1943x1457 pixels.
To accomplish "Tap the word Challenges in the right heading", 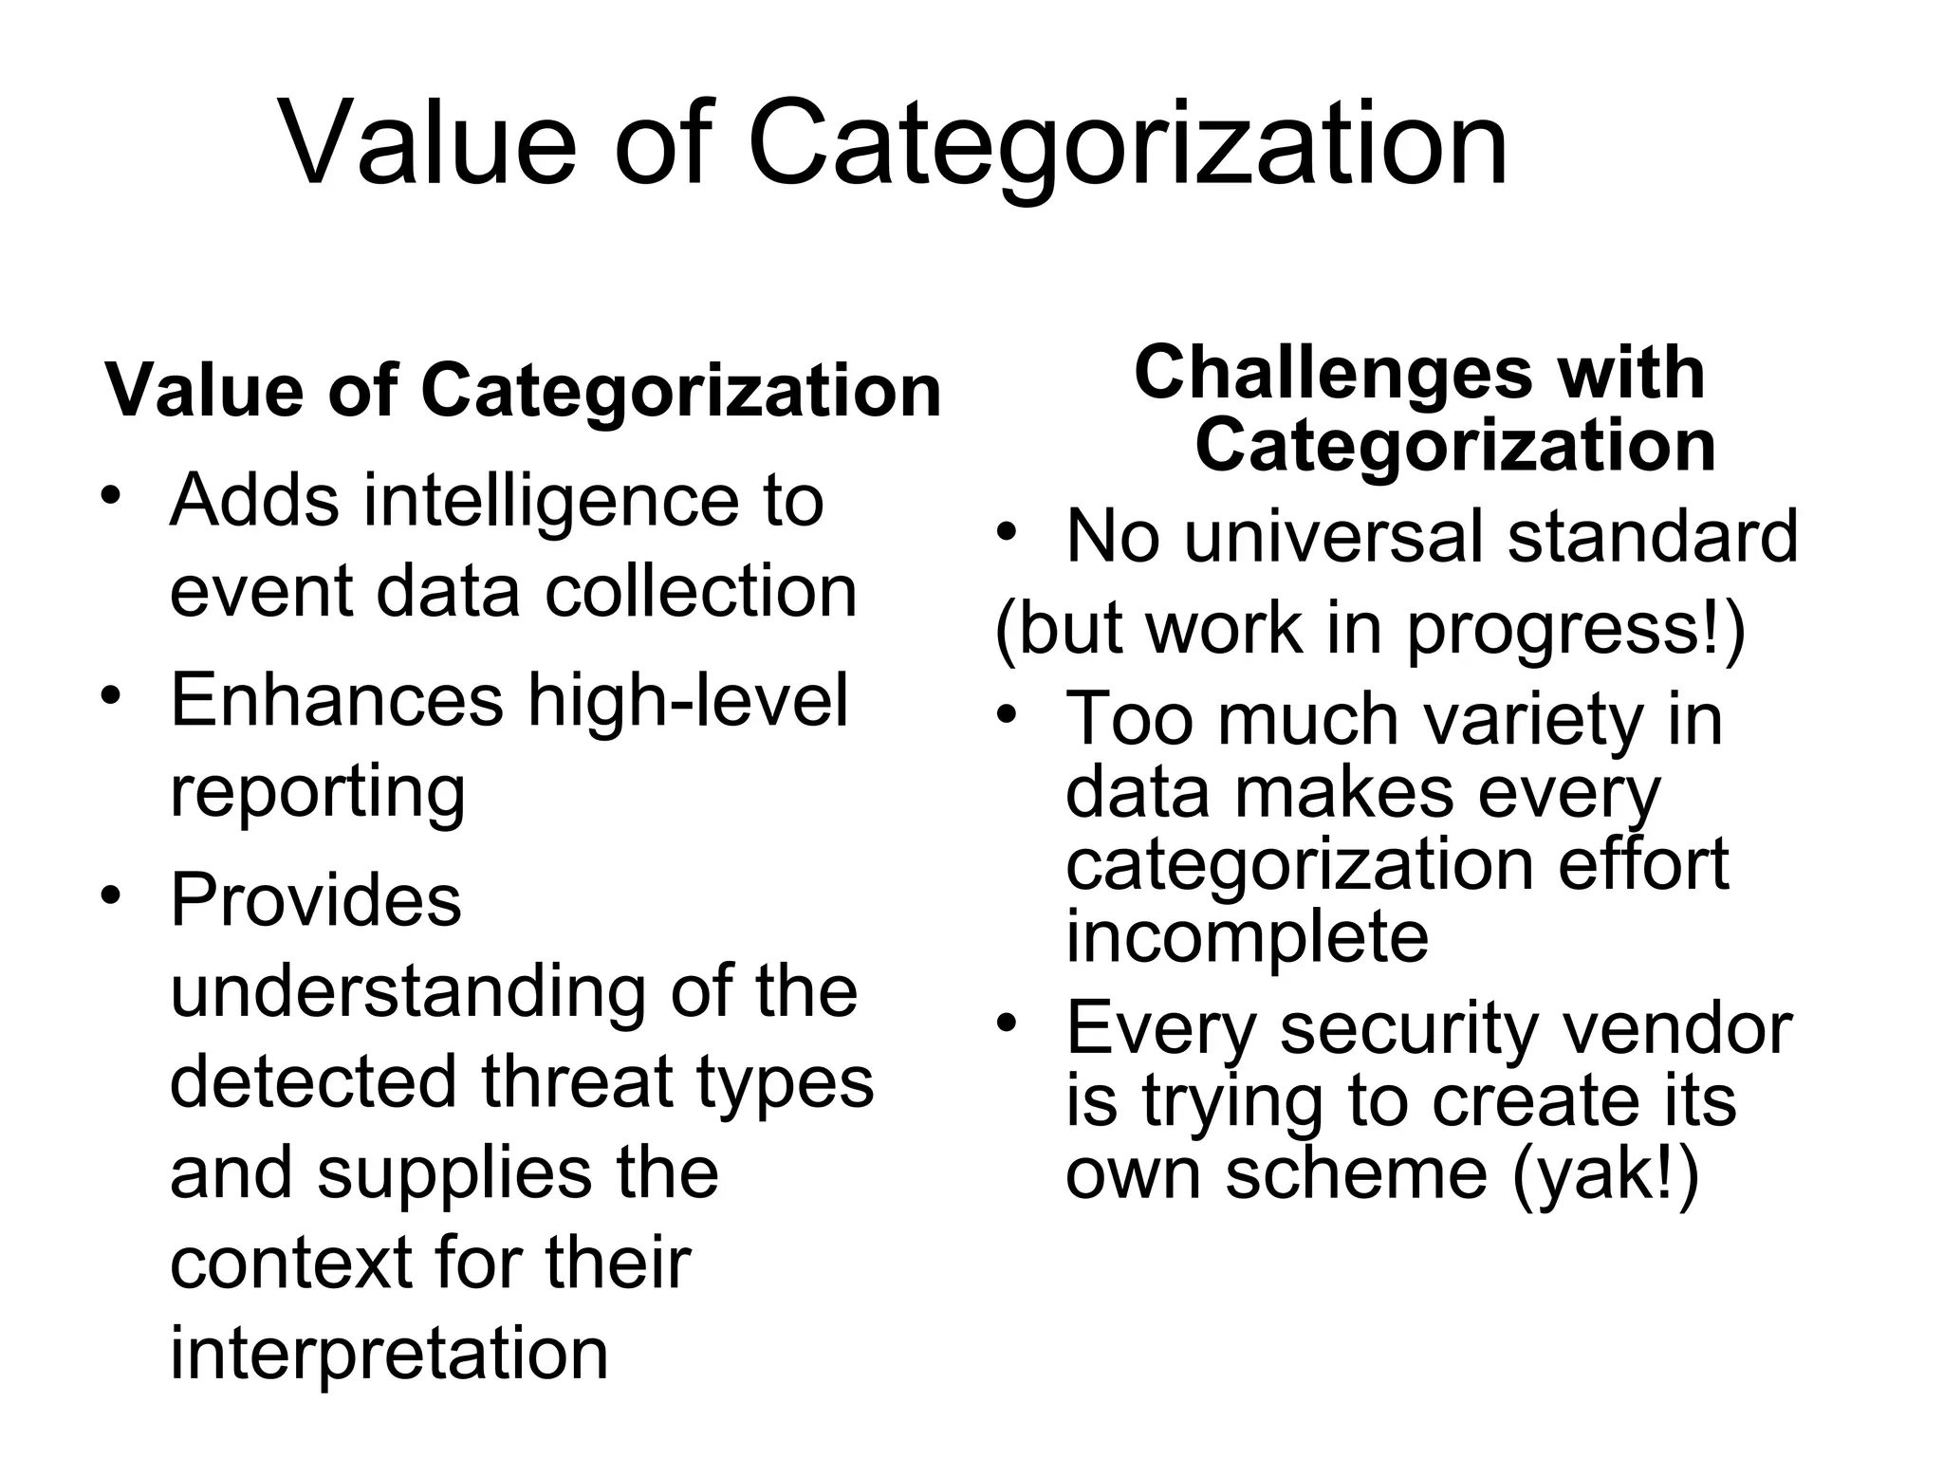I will (1333, 372).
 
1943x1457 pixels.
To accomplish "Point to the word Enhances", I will (336, 700).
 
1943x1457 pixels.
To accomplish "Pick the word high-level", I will (688, 700).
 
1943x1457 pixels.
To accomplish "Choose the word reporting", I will (318, 793).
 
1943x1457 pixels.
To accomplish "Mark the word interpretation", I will (389, 1353).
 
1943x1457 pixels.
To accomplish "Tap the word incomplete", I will (1247, 937).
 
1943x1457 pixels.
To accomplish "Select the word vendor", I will (1677, 1028).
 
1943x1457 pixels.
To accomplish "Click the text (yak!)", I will (1604, 1174).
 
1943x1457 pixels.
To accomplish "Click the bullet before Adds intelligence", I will (112, 495).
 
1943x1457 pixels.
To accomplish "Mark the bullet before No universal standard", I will (1007, 531).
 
